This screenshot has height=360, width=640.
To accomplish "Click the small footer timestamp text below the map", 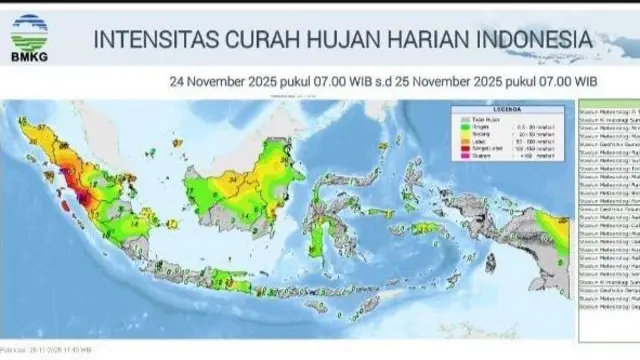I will click(x=46, y=349).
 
